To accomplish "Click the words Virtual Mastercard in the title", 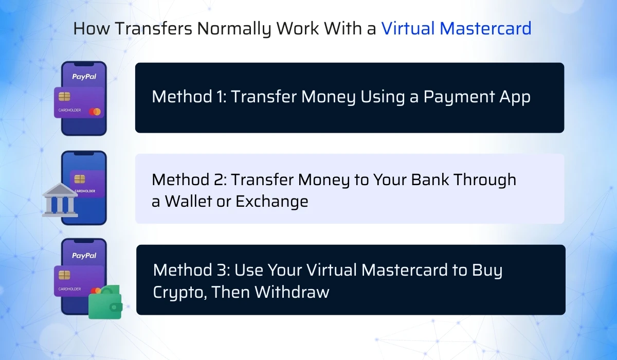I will (x=456, y=29).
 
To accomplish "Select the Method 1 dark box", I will (x=350, y=98).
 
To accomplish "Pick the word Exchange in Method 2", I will (x=271, y=201).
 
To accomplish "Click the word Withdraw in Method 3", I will (x=292, y=292).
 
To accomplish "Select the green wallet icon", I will (x=105, y=303).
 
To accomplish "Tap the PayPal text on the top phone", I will (x=84, y=77).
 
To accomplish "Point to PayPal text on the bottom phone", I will (x=84, y=255).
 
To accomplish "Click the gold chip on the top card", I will (x=65, y=97).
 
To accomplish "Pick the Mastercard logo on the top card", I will (x=95, y=112).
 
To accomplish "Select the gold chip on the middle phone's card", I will (x=79, y=178).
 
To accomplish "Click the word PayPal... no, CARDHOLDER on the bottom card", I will (x=69, y=289).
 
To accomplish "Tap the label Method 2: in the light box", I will (x=189, y=179).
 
